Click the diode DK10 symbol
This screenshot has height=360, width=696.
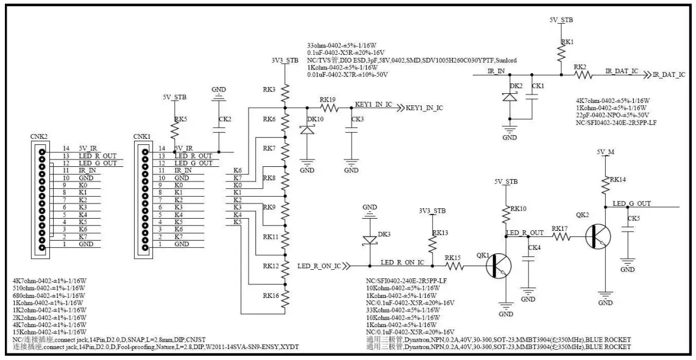tap(307, 129)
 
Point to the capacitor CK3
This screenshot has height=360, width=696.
tap(351, 129)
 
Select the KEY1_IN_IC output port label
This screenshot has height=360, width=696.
tap(420, 108)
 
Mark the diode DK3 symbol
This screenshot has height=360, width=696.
tap(369, 239)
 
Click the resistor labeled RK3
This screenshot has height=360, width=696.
tap(283, 92)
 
